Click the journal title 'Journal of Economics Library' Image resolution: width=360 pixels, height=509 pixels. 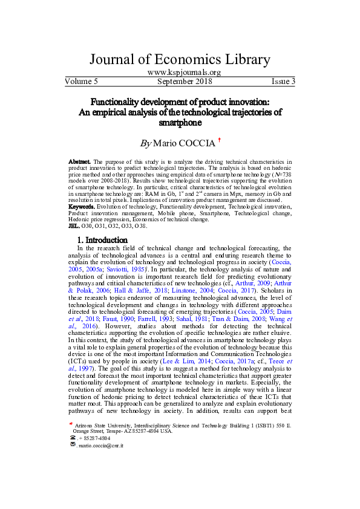pos(180,59)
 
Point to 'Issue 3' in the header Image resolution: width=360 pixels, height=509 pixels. pos(283,81)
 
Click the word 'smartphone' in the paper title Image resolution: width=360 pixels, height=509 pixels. pos(180,123)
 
